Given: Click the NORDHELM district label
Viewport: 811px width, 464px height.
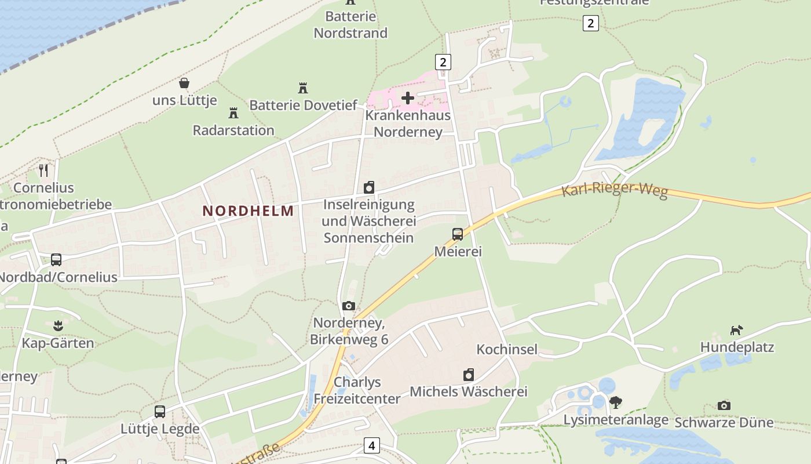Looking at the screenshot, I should coord(248,211).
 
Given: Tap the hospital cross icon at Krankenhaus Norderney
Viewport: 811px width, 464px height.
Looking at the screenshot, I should coord(408,98).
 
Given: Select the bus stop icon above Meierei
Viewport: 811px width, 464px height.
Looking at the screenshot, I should coord(458,234).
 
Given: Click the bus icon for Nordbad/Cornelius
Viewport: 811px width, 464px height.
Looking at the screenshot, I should coord(56,260).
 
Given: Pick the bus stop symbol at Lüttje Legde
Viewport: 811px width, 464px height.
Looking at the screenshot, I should coord(160,412).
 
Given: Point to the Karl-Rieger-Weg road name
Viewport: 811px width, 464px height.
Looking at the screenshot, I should coord(615,191).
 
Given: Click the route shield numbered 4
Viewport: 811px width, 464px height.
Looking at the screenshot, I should coord(371,445).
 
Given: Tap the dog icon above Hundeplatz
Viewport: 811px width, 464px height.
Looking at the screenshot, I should coord(736,330).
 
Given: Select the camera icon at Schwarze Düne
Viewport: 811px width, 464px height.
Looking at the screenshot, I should coord(724,405).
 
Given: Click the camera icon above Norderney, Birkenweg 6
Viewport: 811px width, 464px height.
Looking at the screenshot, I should coord(349,306).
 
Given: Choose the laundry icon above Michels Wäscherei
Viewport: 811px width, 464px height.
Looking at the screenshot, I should coord(469,375).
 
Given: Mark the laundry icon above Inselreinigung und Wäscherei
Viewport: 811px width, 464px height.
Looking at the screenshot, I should coord(369,187).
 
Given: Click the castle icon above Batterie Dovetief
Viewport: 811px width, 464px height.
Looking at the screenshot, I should coord(302,88).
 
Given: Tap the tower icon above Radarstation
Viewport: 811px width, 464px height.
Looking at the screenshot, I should coord(233,113).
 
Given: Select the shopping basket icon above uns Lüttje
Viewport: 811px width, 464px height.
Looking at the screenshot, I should coord(184,83).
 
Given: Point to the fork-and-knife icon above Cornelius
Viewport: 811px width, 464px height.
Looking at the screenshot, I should coord(43,171).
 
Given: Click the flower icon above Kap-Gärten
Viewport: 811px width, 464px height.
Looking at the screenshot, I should coord(57,325).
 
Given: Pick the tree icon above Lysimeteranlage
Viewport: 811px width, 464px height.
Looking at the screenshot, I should coord(616,402).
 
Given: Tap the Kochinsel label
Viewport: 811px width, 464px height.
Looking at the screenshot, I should coord(507,349).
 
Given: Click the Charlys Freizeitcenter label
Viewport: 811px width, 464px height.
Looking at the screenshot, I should coord(357,390).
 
